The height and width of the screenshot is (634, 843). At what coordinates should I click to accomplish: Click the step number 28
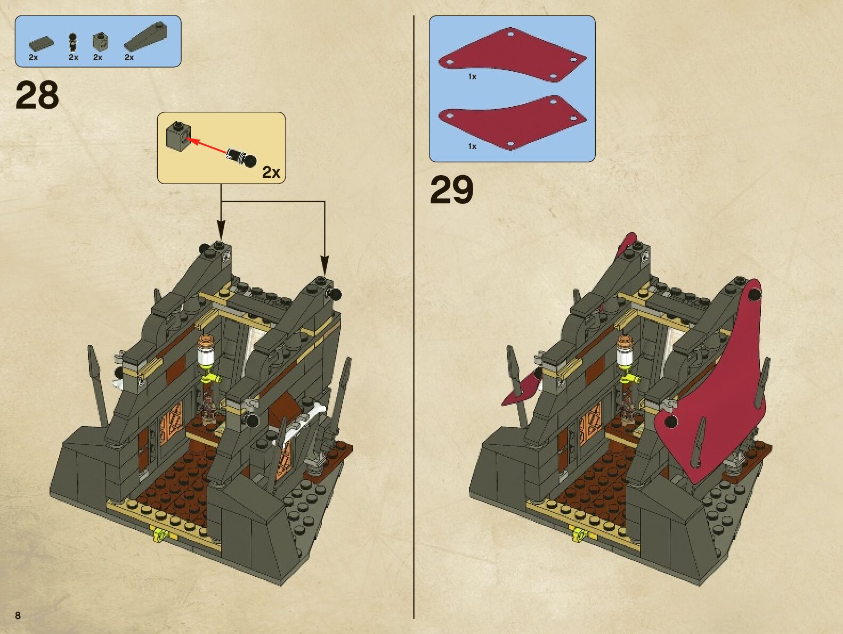click(x=37, y=95)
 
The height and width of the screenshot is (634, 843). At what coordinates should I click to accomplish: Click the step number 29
click(x=451, y=190)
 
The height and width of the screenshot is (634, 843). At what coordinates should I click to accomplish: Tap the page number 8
click(x=18, y=615)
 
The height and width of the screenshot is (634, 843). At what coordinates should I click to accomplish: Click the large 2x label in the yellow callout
click(x=271, y=172)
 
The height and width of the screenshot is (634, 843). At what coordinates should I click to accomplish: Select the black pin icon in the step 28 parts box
click(x=73, y=41)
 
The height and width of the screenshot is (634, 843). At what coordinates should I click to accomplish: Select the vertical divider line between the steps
click(x=414, y=319)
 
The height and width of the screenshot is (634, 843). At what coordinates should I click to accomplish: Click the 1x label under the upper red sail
click(x=472, y=77)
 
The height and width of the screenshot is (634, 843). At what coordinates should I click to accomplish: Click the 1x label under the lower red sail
click(x=472, y=146)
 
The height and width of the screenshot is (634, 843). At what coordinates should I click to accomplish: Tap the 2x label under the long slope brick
click(x=129, y=57)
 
